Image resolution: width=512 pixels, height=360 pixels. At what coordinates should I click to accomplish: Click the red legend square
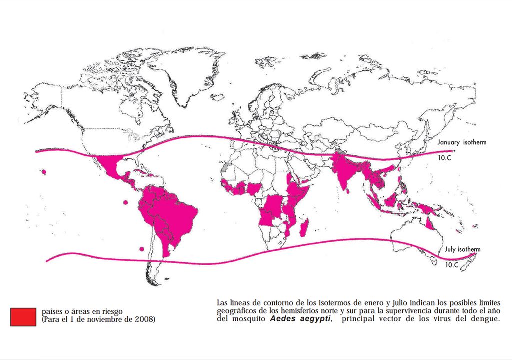pos(23,317)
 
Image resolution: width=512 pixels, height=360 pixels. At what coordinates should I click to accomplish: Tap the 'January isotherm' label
pos(462,142)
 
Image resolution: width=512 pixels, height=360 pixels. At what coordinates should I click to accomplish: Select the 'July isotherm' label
pos(462,249)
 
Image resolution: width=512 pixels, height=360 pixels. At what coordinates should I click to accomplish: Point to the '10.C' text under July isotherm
pos(451,265)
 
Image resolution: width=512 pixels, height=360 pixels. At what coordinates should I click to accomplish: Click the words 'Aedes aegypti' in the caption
pos(300,319)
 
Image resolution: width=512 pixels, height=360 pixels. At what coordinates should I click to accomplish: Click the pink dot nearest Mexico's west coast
pos(44,172)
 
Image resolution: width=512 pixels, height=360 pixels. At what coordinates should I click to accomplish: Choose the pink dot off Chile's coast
pos(142,248)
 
